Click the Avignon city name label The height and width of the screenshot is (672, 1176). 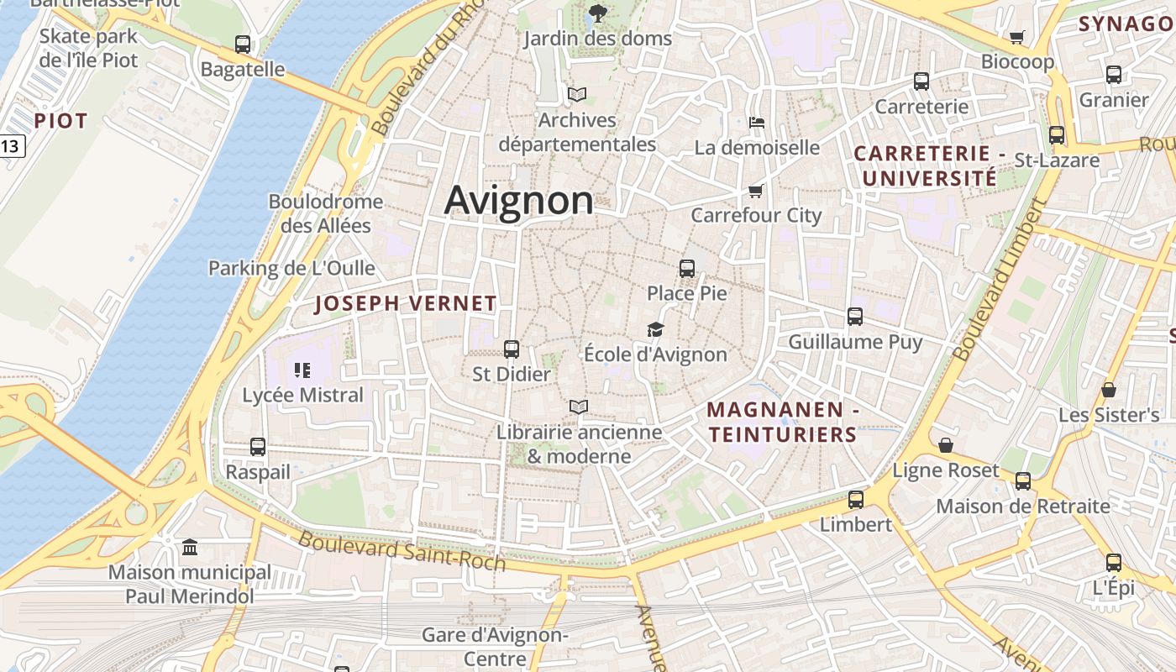[518, 201]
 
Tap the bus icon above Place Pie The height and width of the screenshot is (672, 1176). [687, 269]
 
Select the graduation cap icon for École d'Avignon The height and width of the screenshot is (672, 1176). [655, 329]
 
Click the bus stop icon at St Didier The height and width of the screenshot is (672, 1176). [512, 349]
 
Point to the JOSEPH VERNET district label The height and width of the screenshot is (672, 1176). [406, 304]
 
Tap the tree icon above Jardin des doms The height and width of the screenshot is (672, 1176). [597, 13]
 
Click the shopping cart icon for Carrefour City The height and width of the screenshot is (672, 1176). [755, 191]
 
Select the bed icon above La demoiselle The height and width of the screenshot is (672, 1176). [756, 123]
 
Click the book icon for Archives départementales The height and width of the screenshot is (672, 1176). [577, 94]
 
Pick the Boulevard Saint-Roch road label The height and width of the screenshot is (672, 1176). [402, 550]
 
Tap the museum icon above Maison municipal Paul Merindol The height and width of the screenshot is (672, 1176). [190, 548]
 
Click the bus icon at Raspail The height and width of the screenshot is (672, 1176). [258, 447]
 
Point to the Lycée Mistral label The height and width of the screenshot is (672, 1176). [302, 395]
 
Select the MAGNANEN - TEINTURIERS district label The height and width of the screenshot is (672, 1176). [781, 423]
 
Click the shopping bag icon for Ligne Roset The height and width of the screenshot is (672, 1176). [946, 444]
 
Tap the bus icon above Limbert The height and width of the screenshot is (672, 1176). [856, 499]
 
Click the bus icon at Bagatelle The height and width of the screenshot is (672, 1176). [243, 45]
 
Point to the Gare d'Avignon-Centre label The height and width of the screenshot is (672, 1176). [495, 646]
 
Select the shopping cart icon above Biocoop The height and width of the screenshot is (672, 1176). [1017, 37]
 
